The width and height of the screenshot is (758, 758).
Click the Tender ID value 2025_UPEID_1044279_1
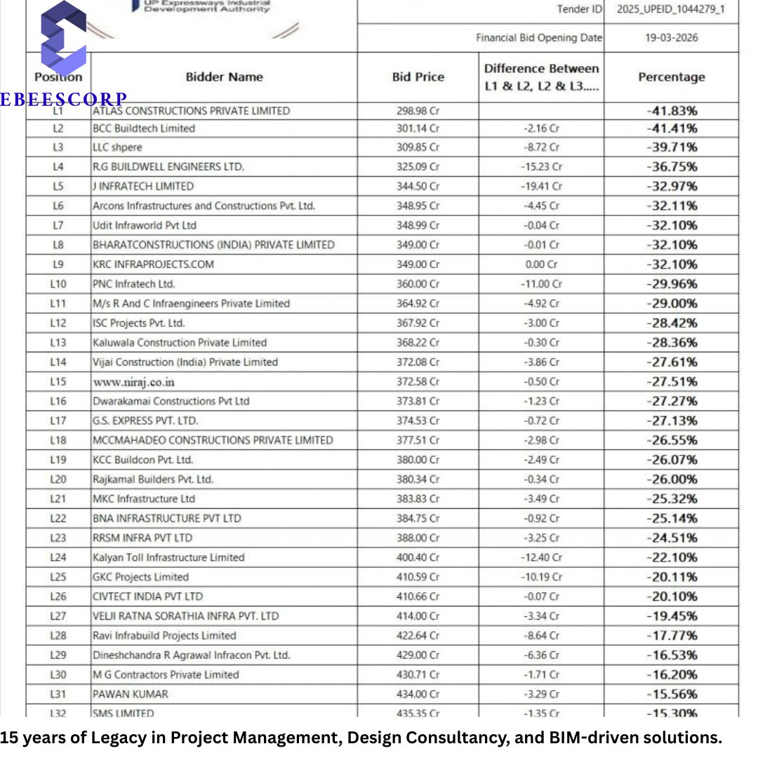(x=671, y=10)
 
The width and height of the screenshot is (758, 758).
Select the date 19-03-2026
(x=671, y=38)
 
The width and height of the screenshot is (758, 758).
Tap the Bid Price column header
(x=418, y=77)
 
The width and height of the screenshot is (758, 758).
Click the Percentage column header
(x=671, y=77)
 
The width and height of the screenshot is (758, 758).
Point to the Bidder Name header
(x=224, y=77)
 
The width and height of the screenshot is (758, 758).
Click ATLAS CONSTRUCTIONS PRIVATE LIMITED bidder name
(x=191, y=111)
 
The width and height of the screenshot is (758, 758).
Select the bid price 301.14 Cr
(x=418, y=128)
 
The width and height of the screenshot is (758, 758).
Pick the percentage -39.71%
(x=672, y=147)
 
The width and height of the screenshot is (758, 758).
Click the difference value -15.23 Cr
(x=541, y=167)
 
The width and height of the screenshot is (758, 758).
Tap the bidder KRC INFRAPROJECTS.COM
(x=153, y=265)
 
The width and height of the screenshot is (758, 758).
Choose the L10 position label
(x=58, y=284)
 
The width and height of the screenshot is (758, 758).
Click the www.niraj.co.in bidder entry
(x=133, y=383)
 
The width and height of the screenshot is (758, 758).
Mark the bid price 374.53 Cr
(x=418, y=421)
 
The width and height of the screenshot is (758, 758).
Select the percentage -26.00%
(x=672, y=480)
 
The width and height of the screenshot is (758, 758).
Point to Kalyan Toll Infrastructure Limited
(x=168, y=558)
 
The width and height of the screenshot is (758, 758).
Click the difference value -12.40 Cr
(x=541, y=558)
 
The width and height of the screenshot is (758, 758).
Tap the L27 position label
(x=58, y=616)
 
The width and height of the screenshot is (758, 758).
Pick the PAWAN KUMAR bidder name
(x=131, y=695)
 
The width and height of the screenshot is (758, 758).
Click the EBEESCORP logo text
(x=63, y=100)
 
